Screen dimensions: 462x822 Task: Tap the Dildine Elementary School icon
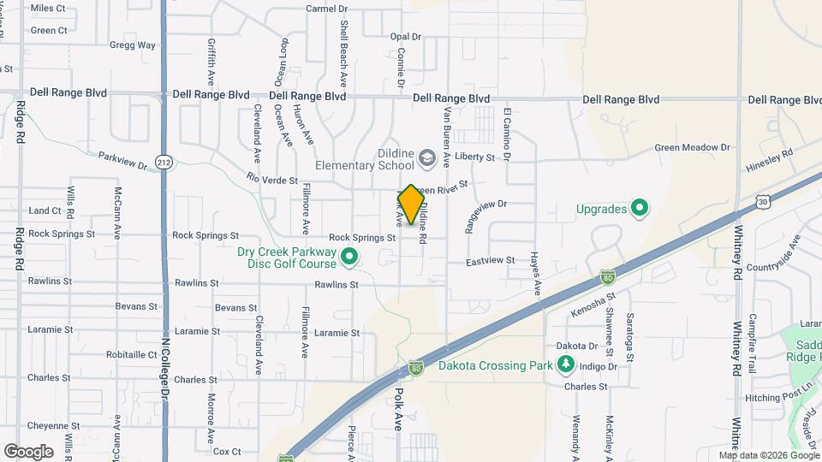pyautogui.click(x=426, y=158)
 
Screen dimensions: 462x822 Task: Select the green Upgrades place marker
pyautogui.click(x=639, y=208)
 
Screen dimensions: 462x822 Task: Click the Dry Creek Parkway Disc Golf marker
pyautogui.click(x=349, y=256)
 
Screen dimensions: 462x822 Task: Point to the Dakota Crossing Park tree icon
pyautogui.click(x=566, y=366)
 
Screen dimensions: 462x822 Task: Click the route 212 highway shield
pyautogui.click(x=163, y=162)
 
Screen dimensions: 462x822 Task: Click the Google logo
pyautogui.click(x=28, y=451)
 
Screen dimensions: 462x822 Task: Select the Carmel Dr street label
pyautogui.click(x=327, y=9)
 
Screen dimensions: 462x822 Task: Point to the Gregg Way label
pyautogui.click(x=133, y=45)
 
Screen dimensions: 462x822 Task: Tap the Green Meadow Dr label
pyautogui.click(x=692, y=148)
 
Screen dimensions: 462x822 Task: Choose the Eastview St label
pyautogui.click(x=491, y=260)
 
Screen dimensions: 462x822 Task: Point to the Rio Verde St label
pyautogui.click(x=271, y=181)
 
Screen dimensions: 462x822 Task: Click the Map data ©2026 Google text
pyautogui.click(x=768, y=455)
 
